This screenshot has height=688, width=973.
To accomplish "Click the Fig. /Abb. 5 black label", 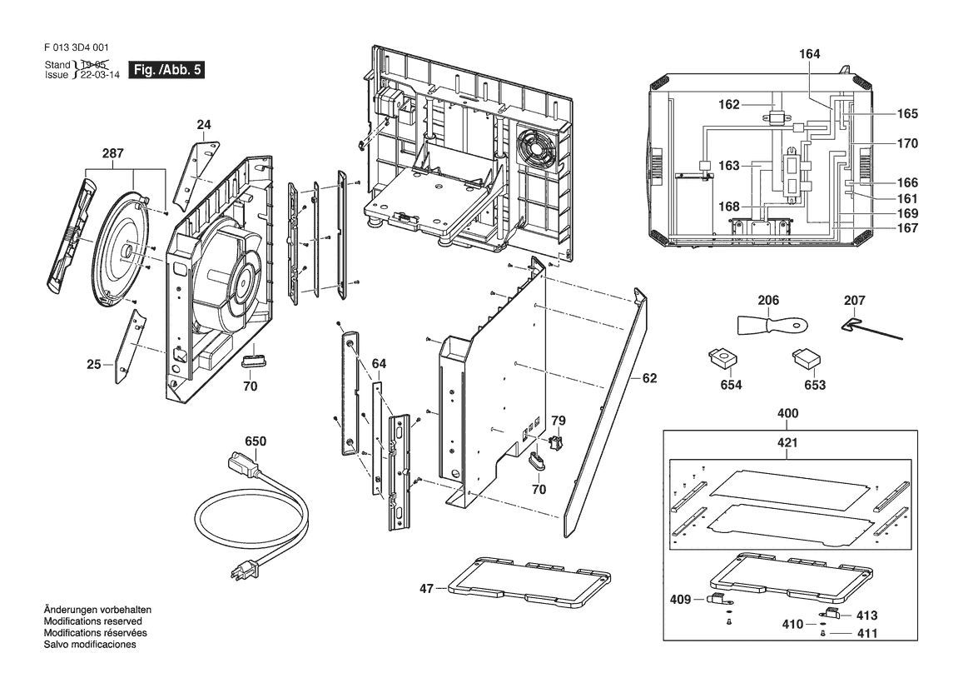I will click(x=166, y=70).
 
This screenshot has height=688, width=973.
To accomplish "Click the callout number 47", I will click(x=426, y=589).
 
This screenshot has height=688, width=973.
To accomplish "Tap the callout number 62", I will click(x=649, y=378).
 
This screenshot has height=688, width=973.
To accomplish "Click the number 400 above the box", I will click(x=787, y=413).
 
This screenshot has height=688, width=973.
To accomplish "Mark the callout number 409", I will click(x=680, y=598).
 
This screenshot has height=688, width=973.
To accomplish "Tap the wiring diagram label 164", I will click(x=809, y=54).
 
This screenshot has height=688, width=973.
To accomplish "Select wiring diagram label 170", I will click(x=907, y=143).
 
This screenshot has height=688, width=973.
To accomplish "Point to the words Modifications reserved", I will click(x=92, y=621).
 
